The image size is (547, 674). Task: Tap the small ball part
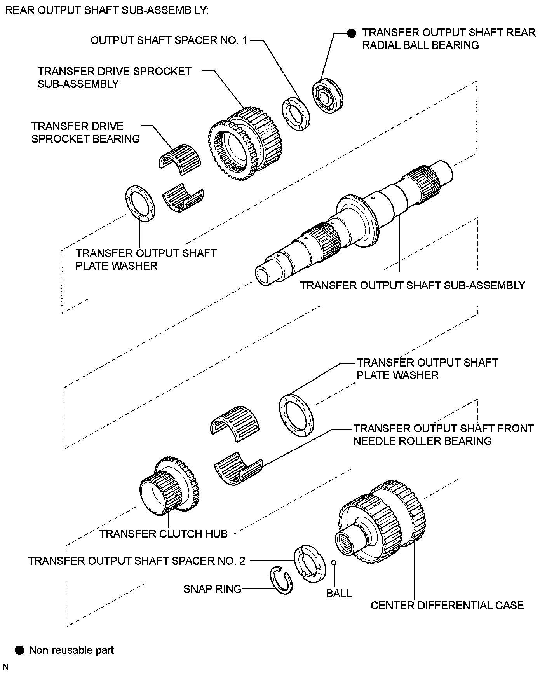[x=333, y=562]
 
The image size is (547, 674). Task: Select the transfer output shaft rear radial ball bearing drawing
[x=328, y=96]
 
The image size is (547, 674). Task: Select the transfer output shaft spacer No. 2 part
[x=309, y=563]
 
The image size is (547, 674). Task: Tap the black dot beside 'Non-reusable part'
[x=19, y=650]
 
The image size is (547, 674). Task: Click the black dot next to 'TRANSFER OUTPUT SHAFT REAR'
[x=352, y=33]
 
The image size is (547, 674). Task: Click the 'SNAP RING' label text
[x=213, y=589]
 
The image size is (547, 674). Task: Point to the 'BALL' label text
[x=339, y=594]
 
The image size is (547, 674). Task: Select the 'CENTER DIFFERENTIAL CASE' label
[x=447, y=605]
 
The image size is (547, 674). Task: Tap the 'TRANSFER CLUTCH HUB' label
[x=163, y=534]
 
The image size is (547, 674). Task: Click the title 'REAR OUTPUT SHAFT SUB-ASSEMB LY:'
[x=106, y=10]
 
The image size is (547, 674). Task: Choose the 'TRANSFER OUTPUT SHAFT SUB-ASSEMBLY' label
[x=412, y=285]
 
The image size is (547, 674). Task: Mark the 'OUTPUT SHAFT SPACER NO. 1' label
[x=169, y=40]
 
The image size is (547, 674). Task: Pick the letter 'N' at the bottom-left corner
[x=5, y=667]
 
